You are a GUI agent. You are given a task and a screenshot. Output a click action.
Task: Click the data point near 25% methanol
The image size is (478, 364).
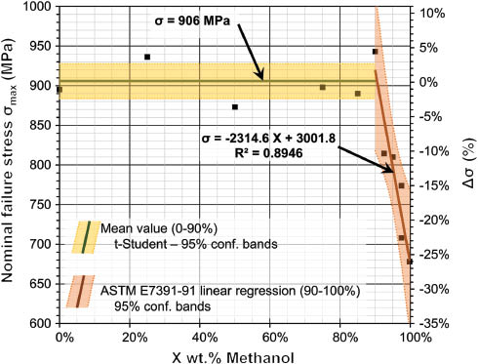(x=147, y=58)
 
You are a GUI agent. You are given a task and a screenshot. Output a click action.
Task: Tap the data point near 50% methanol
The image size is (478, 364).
(x=235, y=107)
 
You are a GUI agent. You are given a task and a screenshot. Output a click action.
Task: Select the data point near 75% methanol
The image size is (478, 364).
(x=323, y=88)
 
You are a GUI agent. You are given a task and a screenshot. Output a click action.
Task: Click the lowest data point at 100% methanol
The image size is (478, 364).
(x=410, y=262)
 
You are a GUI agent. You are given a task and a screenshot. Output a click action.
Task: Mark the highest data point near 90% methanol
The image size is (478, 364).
(x=376, y=52)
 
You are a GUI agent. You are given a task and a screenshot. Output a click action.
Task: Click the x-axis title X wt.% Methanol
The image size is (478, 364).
(x=234, y=354)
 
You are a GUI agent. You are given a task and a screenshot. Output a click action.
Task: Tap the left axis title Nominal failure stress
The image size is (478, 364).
(x=12, y=166)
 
